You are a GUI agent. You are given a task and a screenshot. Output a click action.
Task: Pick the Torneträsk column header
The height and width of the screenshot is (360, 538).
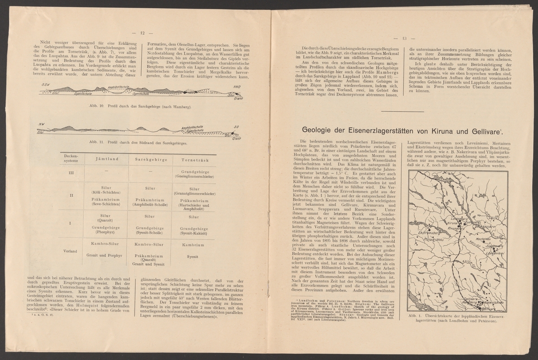tap(193, 160)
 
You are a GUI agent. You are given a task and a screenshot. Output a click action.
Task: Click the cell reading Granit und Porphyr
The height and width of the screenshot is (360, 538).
tap(102, 255)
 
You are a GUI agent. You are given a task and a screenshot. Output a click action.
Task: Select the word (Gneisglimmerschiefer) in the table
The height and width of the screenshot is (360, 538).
tap(193, 176)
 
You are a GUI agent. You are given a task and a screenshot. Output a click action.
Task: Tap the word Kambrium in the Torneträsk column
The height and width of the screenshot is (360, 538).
tap(193, 245)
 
